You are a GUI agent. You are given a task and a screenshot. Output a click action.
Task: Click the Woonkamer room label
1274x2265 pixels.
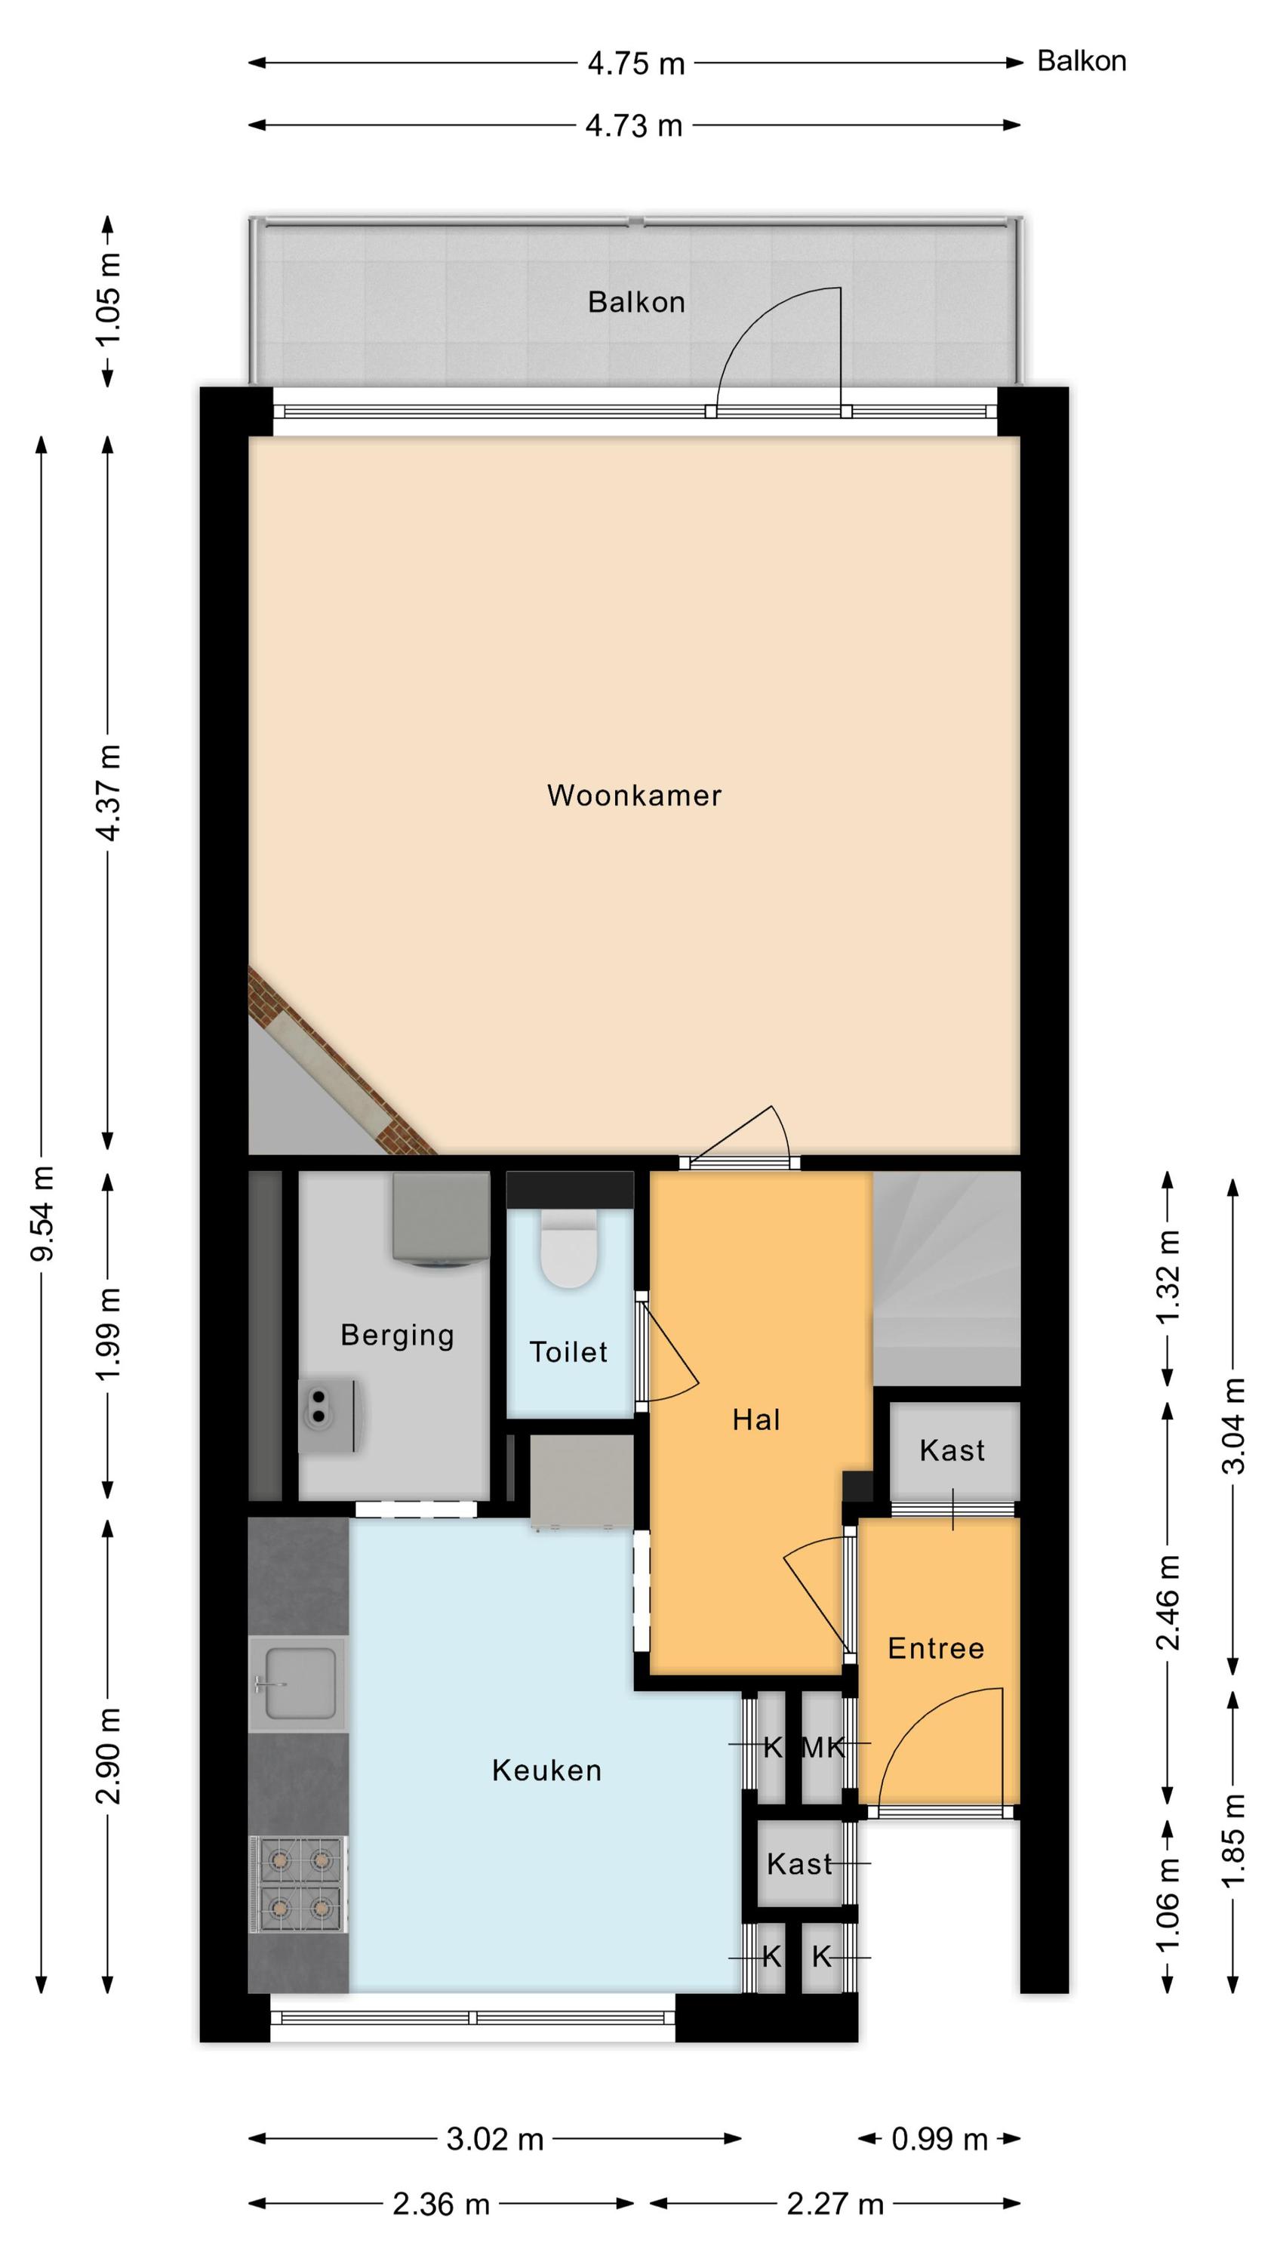click(634, 795)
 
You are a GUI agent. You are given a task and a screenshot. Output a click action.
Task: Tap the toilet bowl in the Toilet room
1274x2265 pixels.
click(569, 1248)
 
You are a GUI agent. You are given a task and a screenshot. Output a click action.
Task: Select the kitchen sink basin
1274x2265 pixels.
click(299, 1683)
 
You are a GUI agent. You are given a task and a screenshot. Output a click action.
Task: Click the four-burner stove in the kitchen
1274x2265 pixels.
click(298, 1884)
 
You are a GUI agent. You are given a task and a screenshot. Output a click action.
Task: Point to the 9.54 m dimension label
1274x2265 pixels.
click(42, 1213)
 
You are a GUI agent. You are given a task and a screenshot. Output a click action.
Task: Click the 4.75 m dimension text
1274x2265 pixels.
click(635, 63)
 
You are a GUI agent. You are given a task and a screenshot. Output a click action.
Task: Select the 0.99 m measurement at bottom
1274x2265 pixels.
click(939, 2138)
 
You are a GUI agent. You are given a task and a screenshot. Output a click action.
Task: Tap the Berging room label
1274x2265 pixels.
click(398, 1336)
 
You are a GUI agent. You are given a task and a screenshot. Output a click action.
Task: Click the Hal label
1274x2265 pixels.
click(756, 1419)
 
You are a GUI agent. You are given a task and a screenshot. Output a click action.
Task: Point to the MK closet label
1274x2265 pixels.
click(823, 1747)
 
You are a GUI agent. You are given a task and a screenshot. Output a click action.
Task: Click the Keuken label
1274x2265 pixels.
click(547, 1770)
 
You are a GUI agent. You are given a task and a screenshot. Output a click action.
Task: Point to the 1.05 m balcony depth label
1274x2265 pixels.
click(108, 300)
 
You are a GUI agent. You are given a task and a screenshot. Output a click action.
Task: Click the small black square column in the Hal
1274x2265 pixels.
click(857, 1487)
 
